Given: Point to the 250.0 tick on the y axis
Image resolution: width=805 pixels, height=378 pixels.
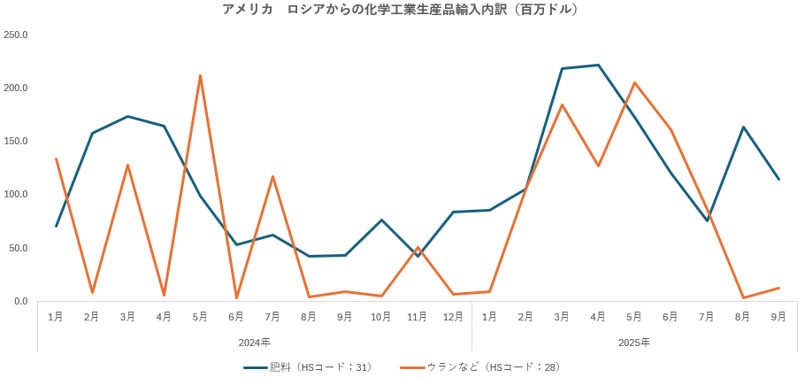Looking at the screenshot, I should (x=16, y=35).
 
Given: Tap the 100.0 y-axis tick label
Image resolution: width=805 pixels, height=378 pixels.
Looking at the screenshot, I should (x=16, y=194).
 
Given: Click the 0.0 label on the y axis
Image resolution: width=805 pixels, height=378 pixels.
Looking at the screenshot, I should (x=21, y=301).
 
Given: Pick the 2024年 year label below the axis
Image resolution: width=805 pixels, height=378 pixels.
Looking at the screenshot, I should (x=255, y=342).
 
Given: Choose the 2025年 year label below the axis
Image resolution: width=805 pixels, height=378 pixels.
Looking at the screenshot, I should (x=633, y=342).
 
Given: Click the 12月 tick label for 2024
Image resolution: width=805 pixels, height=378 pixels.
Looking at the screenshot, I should (x=453, y=316).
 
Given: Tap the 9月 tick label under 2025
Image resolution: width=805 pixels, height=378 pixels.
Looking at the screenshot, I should (x=778, y=316).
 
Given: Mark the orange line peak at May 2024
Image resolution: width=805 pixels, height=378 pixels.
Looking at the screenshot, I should (x=200, y=75).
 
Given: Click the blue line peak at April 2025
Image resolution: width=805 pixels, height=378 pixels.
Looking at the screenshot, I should (x=598, y=65).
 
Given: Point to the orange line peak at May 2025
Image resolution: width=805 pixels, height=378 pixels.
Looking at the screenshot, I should (x=634, y=82).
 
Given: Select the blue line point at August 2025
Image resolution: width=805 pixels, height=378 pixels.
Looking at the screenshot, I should (x=743, y=127).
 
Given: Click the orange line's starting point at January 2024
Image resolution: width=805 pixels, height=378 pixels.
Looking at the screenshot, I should (x=56, y=158).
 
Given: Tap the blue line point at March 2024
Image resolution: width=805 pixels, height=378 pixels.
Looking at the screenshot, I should (x=127, y=116).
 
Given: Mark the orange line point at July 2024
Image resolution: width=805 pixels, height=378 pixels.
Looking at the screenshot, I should (x=272, y=176).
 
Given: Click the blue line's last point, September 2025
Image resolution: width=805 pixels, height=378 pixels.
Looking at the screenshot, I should (x=778, y=180).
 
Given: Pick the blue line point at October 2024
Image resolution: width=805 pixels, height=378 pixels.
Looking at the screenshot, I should (x=381, y=220).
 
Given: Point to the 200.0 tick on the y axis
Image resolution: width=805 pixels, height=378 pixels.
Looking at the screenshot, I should (x=16, y=88).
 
